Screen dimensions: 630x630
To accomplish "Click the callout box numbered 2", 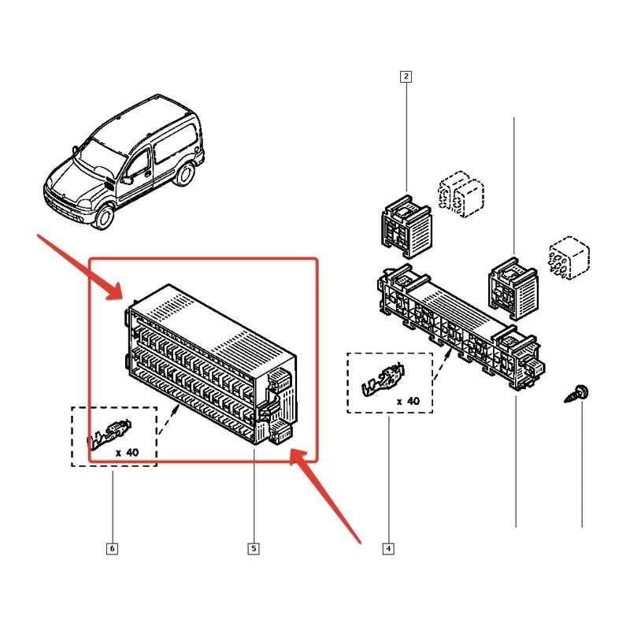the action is pyautogui.click(x=406, y=76).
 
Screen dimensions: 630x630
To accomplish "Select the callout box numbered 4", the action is pyautogui.click(x=388, y=548).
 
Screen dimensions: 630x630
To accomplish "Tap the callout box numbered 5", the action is pyautogui.click(x=254, y=548).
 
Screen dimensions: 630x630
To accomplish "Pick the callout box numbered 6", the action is pyautogui.click(x=112, y=548).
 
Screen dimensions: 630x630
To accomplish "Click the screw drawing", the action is pyautogui.click(x=577, y=394).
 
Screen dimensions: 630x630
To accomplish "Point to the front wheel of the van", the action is pyautogui.click(x=105, y=216).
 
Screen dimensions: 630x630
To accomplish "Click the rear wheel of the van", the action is pyautogui.click(x=184, y=174).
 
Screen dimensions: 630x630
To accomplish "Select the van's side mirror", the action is pyautogui.click(x=127, y=180).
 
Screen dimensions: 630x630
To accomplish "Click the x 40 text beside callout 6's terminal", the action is pyautogui.click(x=127, y=453).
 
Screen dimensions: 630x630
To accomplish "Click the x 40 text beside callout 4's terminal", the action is pyautogui.click(x=408, y=401).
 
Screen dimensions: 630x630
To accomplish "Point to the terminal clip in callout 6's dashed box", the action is pyautogui.click(x=109, y=434).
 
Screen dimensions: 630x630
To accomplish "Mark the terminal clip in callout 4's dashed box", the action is pyautogui.click(x=384, y=379).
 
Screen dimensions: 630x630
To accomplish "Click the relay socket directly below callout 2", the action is pyautogui.click(x=406, y=226).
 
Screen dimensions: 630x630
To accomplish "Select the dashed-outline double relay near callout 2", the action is pyautogui.click(x=461, y=194).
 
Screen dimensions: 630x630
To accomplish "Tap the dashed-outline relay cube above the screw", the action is pyautogui.click(x=569, y=258).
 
